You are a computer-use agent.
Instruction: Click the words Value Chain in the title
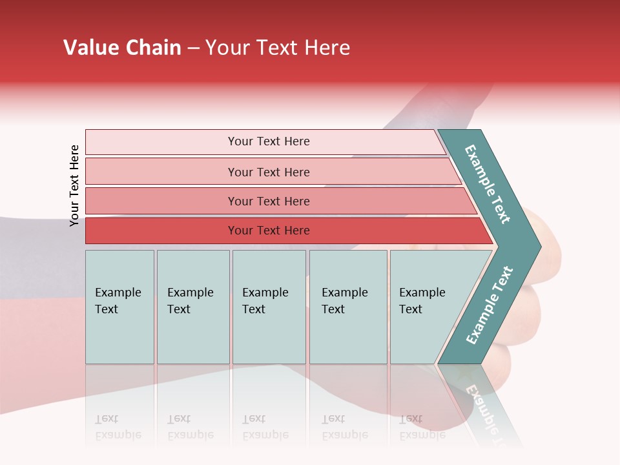pyautogui.click(x=122, y=48)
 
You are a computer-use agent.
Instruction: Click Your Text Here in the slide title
pyautogui.click(x=278, y=48)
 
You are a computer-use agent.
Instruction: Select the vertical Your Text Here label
pyautogui.click(x=74, y=185)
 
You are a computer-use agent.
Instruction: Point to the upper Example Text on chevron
pyautogui.click(x=488, y=184)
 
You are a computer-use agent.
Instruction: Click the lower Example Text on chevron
pyautogui.click(x=489, y=305)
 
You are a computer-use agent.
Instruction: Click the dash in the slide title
pyautogui.click(x=193, y=48)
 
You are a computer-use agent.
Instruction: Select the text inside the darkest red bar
pyautogui.click(x=269, y=231)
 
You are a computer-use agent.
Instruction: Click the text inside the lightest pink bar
pyautogui.click(x=269, y=141)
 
